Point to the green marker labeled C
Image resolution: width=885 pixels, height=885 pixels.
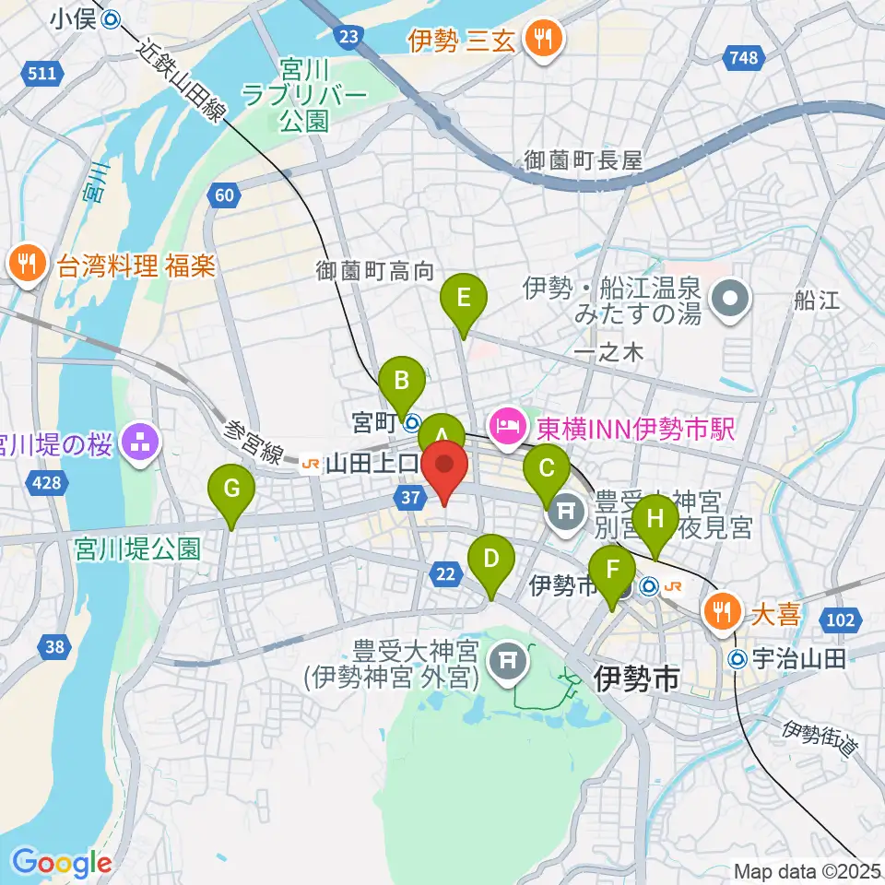[x=547, y=470]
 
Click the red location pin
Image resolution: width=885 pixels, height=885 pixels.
[x=444, y=468]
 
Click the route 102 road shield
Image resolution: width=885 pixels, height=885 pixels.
[x=840, y=620]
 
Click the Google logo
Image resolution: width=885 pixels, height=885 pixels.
[x=61, y=863]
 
